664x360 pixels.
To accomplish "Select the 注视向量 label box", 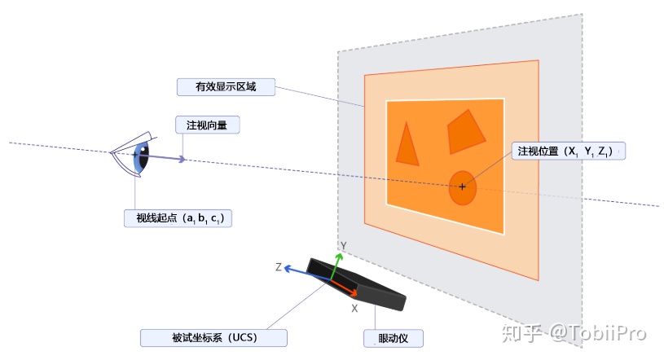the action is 207,125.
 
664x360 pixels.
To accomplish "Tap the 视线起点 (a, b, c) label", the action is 178,218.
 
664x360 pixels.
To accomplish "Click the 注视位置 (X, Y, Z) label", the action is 568,151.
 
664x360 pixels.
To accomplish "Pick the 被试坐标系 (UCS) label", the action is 213,338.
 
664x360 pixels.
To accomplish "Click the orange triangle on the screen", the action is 407,144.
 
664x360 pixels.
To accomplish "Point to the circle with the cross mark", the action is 463,187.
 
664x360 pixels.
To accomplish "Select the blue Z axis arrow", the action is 306,271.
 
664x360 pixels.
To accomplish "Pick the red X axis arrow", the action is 346,288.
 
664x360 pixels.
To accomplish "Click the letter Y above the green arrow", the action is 345,245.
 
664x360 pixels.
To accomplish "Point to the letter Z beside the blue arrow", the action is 278,267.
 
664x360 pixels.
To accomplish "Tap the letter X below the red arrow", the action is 354,310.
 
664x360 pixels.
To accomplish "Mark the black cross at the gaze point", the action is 463,187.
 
